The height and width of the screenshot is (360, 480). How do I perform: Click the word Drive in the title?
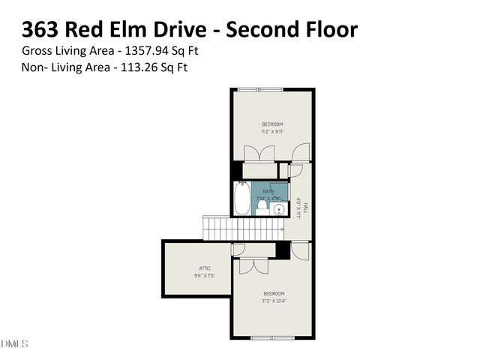pos(180,30)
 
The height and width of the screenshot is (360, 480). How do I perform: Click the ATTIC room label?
pos(205,268)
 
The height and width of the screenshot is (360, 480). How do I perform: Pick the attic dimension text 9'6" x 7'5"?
pos(205,275)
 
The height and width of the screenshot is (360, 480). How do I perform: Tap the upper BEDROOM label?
pos(272,124)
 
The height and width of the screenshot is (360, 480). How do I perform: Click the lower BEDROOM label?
pos(272,295)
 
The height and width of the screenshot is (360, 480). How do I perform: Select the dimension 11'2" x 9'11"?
pos(272,131)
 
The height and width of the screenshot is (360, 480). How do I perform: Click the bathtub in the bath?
pos(241,199)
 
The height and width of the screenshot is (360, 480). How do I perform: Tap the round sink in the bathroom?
pos(279,209)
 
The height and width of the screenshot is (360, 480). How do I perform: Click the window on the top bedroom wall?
pos(260,90)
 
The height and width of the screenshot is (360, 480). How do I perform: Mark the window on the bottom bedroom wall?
pos(271,337)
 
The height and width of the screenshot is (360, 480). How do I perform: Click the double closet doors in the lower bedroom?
pos(251,264)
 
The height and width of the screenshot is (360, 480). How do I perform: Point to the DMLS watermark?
pos(13,343)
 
